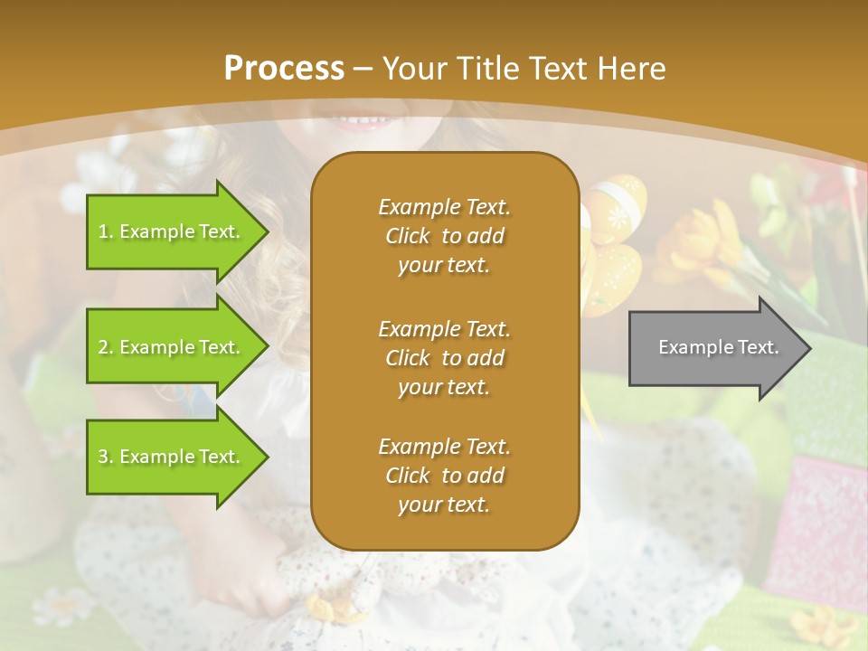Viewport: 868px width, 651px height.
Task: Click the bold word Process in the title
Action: click(x=284, y=69)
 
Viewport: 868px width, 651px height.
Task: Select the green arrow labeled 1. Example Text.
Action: click(x=172, y=232)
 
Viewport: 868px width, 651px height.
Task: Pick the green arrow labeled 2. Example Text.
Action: click(x=172, y=347)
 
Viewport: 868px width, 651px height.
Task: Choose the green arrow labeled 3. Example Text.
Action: click(x=172, y=457)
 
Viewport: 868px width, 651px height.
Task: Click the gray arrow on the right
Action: click(x=714, y=348)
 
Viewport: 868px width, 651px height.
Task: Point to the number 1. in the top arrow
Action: click(x=106, y=232)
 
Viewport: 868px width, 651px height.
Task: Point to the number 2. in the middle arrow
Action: click(x=106, y=347)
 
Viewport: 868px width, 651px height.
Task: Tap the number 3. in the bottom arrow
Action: click(x=106, y=457)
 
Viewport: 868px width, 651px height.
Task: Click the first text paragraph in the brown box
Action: click(x=444, y=236)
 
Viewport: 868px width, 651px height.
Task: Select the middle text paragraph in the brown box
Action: click(x=444, y=357)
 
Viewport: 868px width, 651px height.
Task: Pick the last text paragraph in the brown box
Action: click(x=444, y=476)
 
